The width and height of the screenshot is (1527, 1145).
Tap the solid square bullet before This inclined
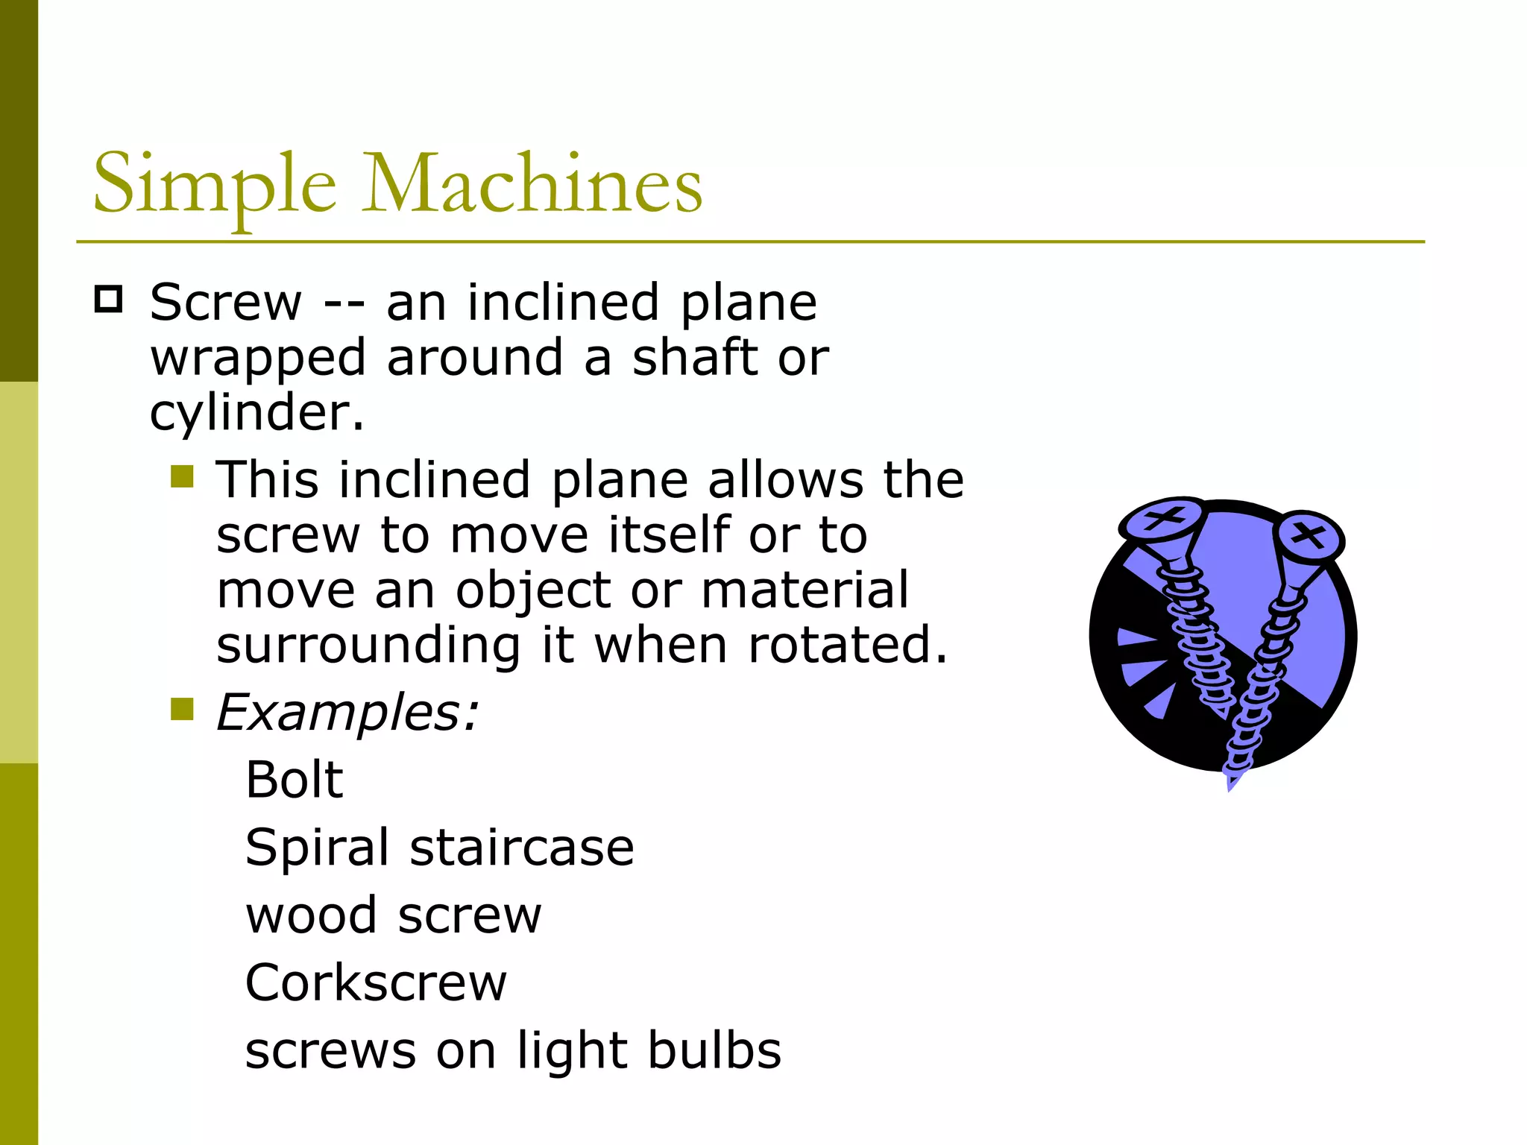[x=182, y=476]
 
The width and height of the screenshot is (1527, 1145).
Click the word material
[x=805, y=590]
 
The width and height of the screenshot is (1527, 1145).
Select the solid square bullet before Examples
[x=182, y=709]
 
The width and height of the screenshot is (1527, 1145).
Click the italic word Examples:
[x=347, y=713]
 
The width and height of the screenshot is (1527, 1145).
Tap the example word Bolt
[x=295, y=780]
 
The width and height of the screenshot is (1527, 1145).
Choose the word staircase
[x=522, y=848]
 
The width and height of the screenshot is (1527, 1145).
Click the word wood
[x=311, y=915]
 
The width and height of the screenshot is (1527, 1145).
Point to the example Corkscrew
[x=376, y=982]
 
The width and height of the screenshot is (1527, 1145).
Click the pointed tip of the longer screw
[x=1231, y=784]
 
